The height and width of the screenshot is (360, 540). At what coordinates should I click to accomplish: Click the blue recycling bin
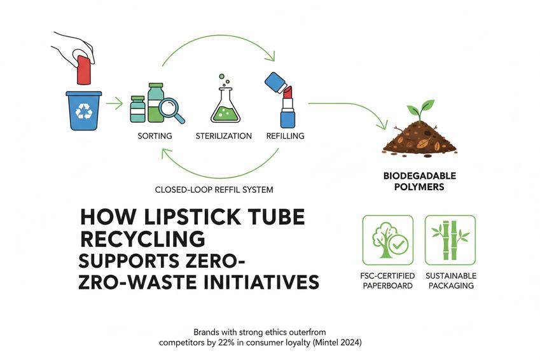pos(84,111)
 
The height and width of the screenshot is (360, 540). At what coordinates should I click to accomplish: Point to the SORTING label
pos(155,136)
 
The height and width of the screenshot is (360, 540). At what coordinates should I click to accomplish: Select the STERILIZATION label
pos(223,136)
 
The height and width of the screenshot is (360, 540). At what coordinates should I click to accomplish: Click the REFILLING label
pos(284,136)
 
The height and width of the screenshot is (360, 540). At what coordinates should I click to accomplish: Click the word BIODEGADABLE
pos(420,176)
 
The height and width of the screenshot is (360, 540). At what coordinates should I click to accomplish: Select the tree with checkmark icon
pos(387,240)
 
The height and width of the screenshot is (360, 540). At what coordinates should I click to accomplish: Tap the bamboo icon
pos(450,240)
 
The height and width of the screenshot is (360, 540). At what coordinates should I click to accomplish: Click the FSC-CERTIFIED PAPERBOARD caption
pos(387,280)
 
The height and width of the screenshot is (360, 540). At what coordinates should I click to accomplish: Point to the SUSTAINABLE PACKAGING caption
pos(450,280)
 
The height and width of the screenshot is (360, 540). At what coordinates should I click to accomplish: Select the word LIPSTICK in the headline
pos(172,218)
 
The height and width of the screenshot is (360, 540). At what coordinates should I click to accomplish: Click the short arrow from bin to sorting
pos(114,102)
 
